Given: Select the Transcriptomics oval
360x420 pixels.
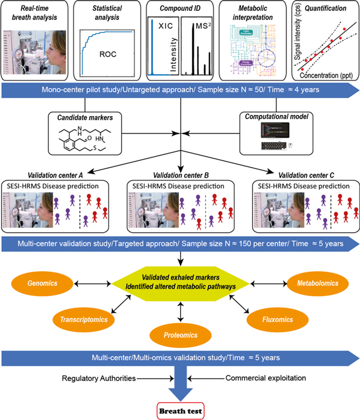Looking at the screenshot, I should click(83, 319).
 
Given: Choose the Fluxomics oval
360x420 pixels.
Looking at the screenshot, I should click(276, 319).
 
